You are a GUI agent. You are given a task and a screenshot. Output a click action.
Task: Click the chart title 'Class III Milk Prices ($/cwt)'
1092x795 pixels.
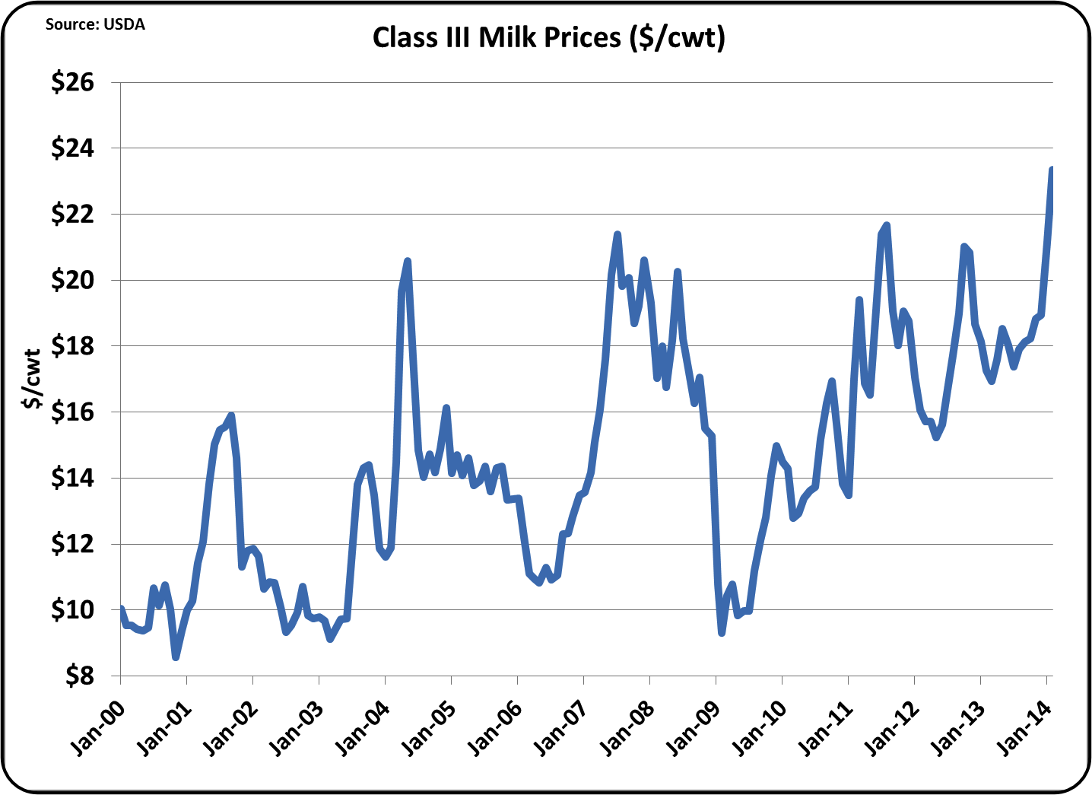(x=548, y=37)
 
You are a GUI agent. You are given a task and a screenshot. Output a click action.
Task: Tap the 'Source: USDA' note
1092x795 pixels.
(x=95, y=24)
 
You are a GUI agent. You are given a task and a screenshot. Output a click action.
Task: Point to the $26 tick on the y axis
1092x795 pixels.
(x=73, y=82)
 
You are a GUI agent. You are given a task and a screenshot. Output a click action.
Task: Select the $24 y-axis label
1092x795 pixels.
(x=73, y=148)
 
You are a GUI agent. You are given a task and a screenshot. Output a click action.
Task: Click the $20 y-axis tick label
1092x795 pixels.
(x=73, y=280)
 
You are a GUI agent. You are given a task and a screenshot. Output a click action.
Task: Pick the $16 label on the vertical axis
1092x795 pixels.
(x=73, y=412)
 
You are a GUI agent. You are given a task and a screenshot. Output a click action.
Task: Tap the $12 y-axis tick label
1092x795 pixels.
(x=73, y=544)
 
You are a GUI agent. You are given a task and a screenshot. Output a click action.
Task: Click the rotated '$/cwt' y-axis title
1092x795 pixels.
(x=32, y=379)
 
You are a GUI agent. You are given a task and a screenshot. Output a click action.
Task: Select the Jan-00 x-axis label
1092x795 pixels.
(x=97, y=730)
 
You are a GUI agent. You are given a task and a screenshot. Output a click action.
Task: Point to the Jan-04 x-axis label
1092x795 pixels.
(x=362, y=730)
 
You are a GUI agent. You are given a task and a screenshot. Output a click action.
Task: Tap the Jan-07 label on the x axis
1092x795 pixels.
(x=560, y=730)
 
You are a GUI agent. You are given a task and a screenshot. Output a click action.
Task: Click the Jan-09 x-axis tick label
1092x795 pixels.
(x=693, y=730)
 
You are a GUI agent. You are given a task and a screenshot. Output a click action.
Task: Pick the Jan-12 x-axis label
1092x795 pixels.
(x=891, y=730)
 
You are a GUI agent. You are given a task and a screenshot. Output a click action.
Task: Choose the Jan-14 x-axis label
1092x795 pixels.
(x=1024, y=730)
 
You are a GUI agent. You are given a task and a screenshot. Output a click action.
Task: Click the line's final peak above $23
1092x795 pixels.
(x=1052, y=169)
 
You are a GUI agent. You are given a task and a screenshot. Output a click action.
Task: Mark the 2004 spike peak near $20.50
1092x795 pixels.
(x=408, y=261)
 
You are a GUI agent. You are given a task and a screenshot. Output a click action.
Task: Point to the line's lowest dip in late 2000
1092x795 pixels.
(x=176, y=657)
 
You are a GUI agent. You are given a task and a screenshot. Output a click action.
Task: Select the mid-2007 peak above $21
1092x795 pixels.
(x=617, y=234)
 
